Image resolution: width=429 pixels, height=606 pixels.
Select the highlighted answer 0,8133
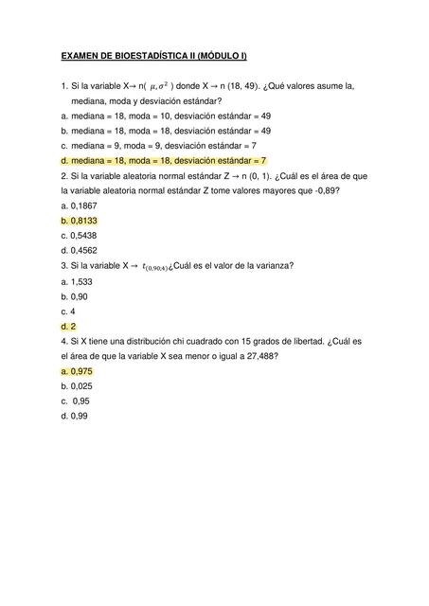(x=80, y=220)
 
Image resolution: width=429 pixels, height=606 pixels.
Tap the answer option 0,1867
(x=80, y=205)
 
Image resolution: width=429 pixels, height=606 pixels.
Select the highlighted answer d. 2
(x=67, y=326)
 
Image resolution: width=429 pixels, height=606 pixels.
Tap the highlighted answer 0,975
(x=77, y=371)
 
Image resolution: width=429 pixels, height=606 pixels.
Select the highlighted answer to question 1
(x=163, y=160)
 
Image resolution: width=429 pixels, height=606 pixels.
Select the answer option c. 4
(x=67, y=311)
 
